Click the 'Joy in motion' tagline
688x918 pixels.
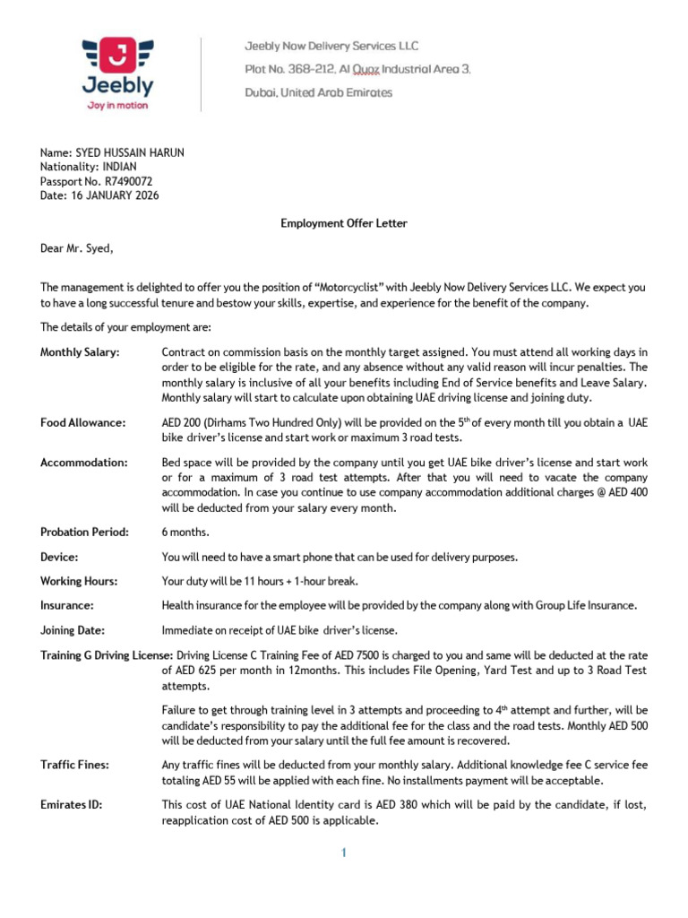[x=117, y=105]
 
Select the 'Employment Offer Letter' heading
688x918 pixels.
[x=344, y=223]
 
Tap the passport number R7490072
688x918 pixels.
[x=129, y=181]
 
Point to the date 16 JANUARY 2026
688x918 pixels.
[x=115, y=195]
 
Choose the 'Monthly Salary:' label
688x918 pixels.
[x=80, y=352]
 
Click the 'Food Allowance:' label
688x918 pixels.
[x=83, y=422]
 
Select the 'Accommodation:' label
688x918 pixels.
[x=84, y=463]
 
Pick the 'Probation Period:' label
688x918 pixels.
[x=85, y=533]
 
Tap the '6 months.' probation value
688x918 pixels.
[x=185, y=533]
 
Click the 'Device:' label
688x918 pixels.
[x=59, y=557]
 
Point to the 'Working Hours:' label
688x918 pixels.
[x=80, y=581]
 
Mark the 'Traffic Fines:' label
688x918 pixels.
[x=75, y=765]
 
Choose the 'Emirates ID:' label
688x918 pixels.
[x=72, y=805]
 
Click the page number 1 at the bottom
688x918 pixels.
[x=343, y=853]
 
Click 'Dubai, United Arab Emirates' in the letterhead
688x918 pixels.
[x=319, y=92]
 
